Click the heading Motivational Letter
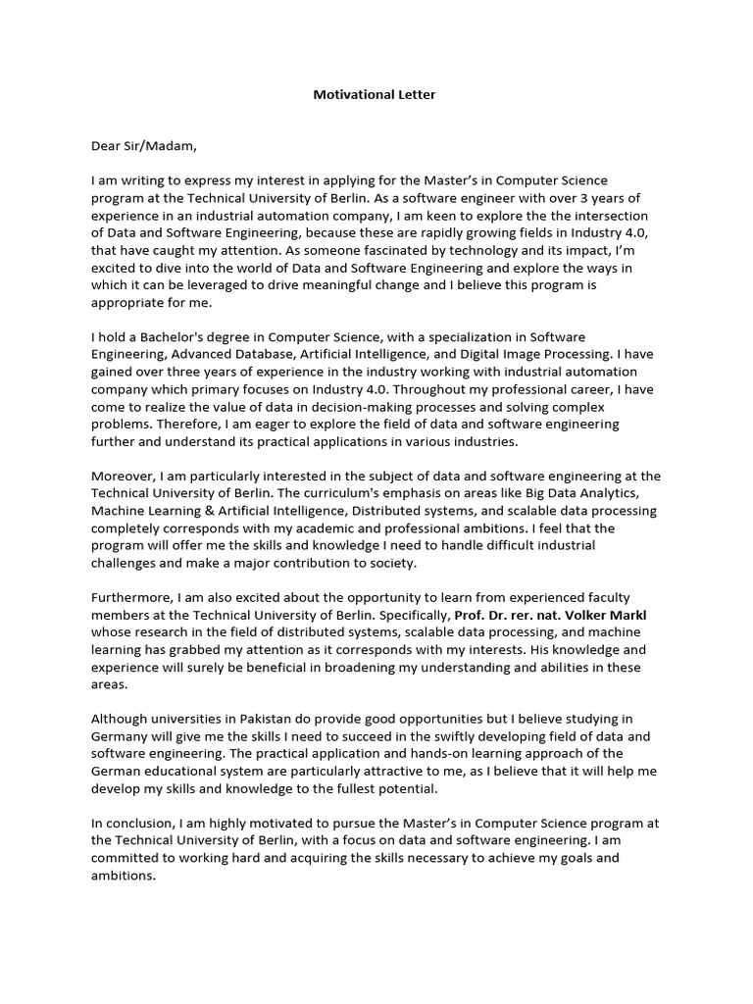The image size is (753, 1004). pos(375,95)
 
